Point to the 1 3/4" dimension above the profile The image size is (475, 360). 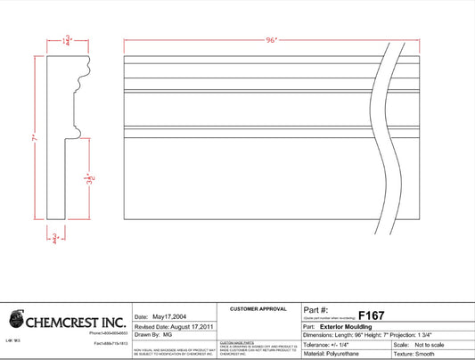[67, 40]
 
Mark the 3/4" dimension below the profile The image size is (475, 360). [55, 238]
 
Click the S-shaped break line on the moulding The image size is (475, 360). [390, 134]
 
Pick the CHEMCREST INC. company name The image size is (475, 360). [78, 319]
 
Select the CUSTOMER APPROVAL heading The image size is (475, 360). [258, 308]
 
